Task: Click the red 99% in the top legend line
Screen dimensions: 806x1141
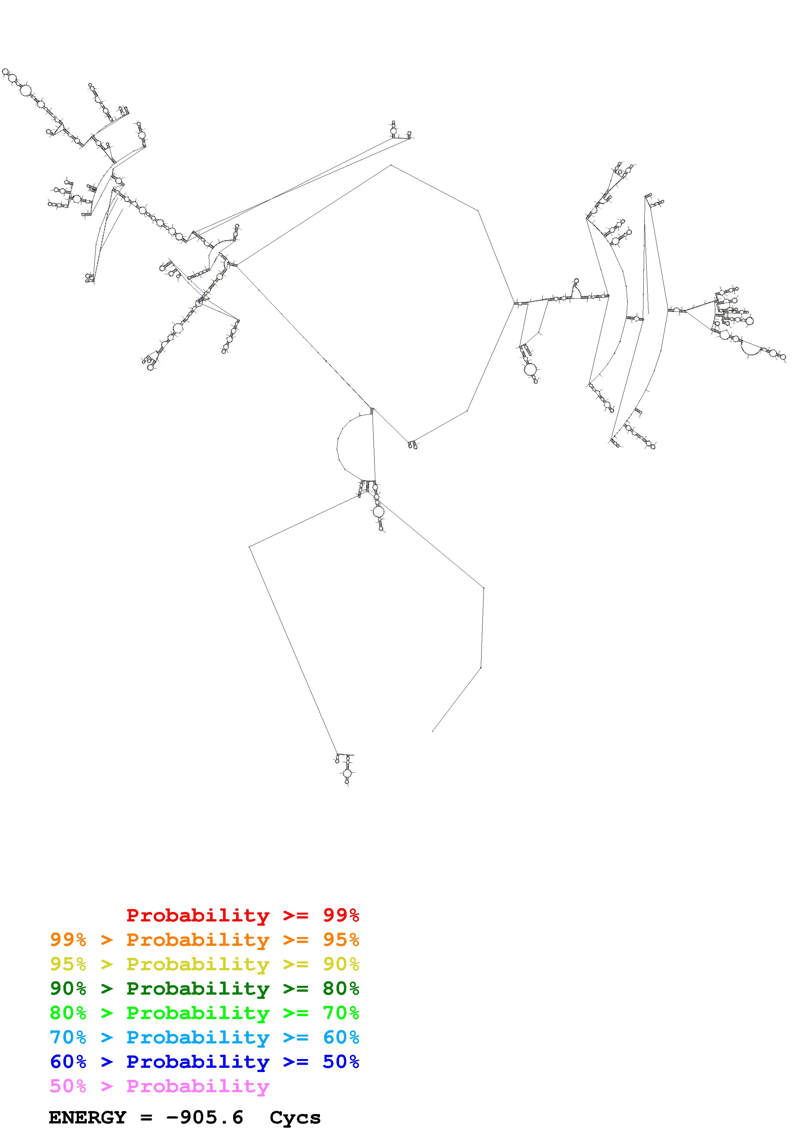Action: coord(341,915)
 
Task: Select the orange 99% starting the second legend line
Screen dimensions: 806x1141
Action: coord(68,940)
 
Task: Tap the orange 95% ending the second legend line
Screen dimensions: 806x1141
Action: coord(341,940)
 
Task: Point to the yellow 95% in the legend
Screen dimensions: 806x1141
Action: coord(68,964)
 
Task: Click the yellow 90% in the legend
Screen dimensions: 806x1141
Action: coord(341,964)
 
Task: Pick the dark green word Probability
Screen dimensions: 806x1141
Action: coord(198,989)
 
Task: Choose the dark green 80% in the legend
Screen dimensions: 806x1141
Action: coord(341,988)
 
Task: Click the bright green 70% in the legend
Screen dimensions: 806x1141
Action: coord(341,1013)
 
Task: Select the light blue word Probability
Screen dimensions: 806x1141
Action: coord(198,1038)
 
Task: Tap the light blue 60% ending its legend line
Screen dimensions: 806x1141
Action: coord(341,1037)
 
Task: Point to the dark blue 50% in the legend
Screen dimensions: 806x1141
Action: coord(341,1062)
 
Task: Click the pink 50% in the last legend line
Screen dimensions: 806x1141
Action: coord(68,1086)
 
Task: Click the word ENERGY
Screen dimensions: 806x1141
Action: coord(87,1118)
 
